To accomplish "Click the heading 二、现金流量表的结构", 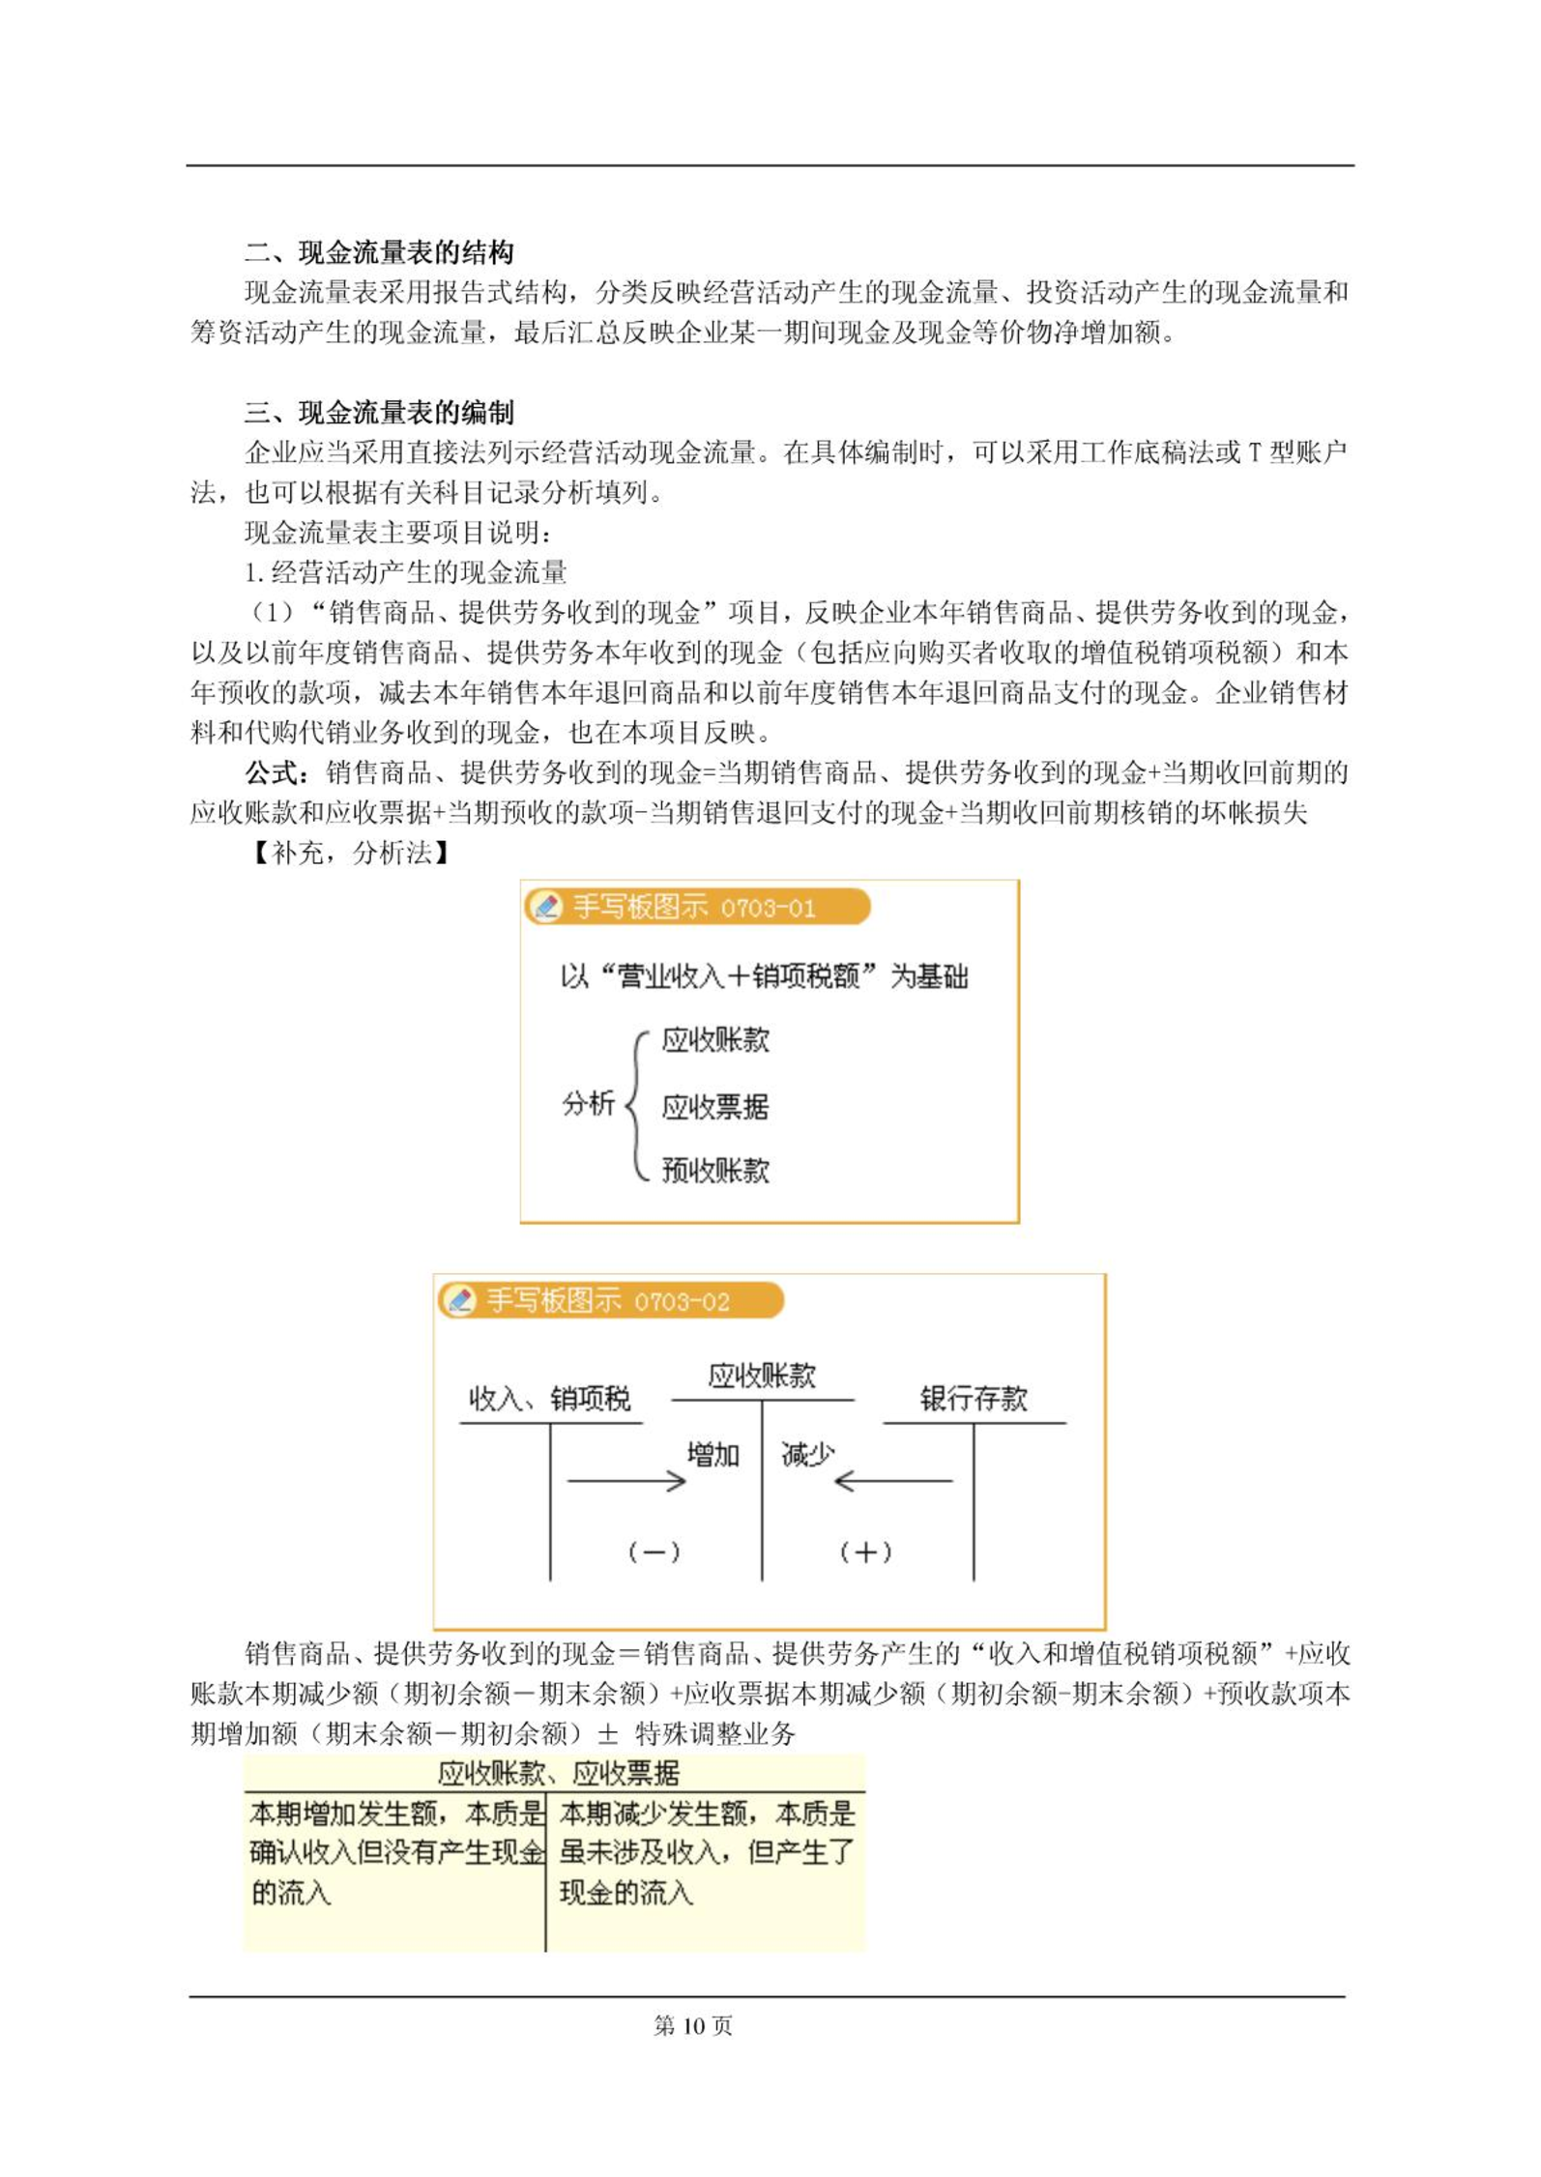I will (x=378, y=253).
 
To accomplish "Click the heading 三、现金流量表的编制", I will (x=378, y=414).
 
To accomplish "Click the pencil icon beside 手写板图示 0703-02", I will (x=460, y=1300).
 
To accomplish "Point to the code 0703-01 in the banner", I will (x=768, y=909).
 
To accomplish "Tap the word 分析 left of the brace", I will (x=588, y=1103).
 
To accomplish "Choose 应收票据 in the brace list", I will (x=715, y=1107).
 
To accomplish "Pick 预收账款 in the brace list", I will (x=715, y=1171).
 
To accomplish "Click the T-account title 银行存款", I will (x=973, y=1399).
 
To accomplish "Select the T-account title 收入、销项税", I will (x=549, y=1399).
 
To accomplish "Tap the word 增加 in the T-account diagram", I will (x=712, y=1455).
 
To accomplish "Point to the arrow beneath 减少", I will (x=892, y=1481).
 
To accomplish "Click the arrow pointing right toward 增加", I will (x=626, y=1481).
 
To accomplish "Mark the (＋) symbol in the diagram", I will (x=865, y=1553).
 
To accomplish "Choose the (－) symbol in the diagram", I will (x=654, y=1553).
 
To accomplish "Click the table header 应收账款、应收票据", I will (x=558, y=1773).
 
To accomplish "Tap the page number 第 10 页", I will (x=693, y=2026).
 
